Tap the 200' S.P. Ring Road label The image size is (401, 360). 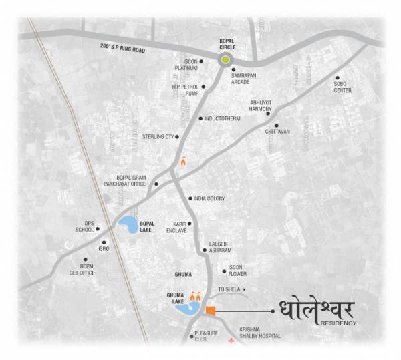click(x=158, y=49)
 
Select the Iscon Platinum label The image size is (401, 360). click(x=185, y=65)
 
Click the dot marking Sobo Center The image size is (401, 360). click(x=338, y=77)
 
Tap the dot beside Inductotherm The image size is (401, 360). click(x=200, y=118)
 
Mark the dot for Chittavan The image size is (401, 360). click(x=276, y=125)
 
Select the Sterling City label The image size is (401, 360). click(x=158, y=137)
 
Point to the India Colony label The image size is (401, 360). click(x=209, y=198)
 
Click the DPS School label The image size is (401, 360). click(x=85, y=226)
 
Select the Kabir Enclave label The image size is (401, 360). click(x=176, y=227)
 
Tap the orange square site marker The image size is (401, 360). click(x=211, y=310)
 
